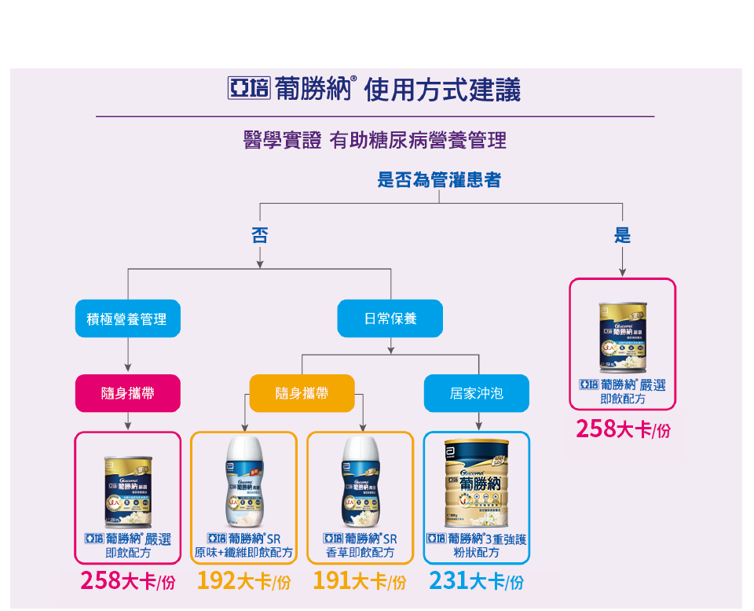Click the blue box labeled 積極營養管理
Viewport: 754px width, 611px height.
click(128, 318)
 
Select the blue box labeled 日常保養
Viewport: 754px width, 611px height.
click(390, 318)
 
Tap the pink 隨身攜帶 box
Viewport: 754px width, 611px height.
click(128, 393)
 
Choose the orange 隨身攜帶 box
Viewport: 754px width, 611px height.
click(302, 393)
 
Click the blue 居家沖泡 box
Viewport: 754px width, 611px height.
click(477, 393)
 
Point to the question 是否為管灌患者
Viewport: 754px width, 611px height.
click(439, 180)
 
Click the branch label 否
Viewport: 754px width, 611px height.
click(259, 234)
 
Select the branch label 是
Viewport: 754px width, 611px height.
click(622, 234)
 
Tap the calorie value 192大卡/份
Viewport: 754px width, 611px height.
click(243, 581)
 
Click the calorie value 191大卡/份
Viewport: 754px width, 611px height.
click(360, 581)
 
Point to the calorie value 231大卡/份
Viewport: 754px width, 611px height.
click(476, 581)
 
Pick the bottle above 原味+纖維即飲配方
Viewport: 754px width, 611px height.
click(244, 482)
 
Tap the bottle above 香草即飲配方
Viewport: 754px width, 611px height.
click(361, 482)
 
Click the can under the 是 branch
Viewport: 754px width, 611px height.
click(623, 335)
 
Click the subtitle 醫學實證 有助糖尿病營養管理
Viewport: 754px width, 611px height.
click(375, 141)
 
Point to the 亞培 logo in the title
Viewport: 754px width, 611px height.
click(247, 90)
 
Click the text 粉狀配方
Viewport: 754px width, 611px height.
click(477, 553)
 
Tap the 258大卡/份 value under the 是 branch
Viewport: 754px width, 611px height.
click(623, 429)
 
